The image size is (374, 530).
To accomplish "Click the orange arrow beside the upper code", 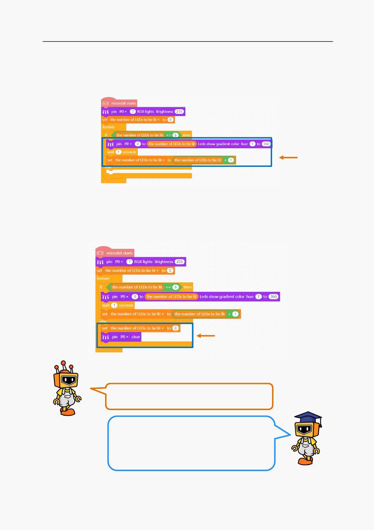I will pyautogui.click(x=288, y=158).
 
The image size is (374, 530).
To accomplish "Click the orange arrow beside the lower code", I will pyautogui.click(x=206, y=336).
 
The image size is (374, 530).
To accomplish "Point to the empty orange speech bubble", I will pyautogui.click(x=189, y=396).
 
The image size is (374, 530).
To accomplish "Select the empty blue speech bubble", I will pyautogui.click(x=191, y=443).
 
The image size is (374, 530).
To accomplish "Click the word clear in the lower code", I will pyautogui.click(x=135, y=337).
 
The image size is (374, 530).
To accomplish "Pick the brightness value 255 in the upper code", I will pyautogui.click(x=179, y=112).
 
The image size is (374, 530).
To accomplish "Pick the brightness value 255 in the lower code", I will pyautogui.click(x=180, y=262).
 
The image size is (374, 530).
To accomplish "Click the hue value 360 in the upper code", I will pyautogui.click(x=266, y=144).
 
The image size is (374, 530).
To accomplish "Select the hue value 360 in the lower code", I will pyautogui.click(x=273, y=297).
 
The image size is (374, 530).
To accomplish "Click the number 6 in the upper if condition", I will pyautogui.click(x=176, y=135).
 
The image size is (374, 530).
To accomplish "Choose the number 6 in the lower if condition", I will pyautogui.click(x=176, y=287).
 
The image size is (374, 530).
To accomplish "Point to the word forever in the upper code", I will pyautogui.click(x=108, y=127).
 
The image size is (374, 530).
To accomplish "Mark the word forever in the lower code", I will pyautogui.click(x=103, y=278).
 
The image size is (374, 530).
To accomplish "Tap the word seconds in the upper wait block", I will pyautogui.click(x=130, y=152).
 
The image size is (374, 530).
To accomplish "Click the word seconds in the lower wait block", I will pyautogui.click(x=126, y=306).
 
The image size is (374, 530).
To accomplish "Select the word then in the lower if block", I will pyautogui.click(x=188, y=287).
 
